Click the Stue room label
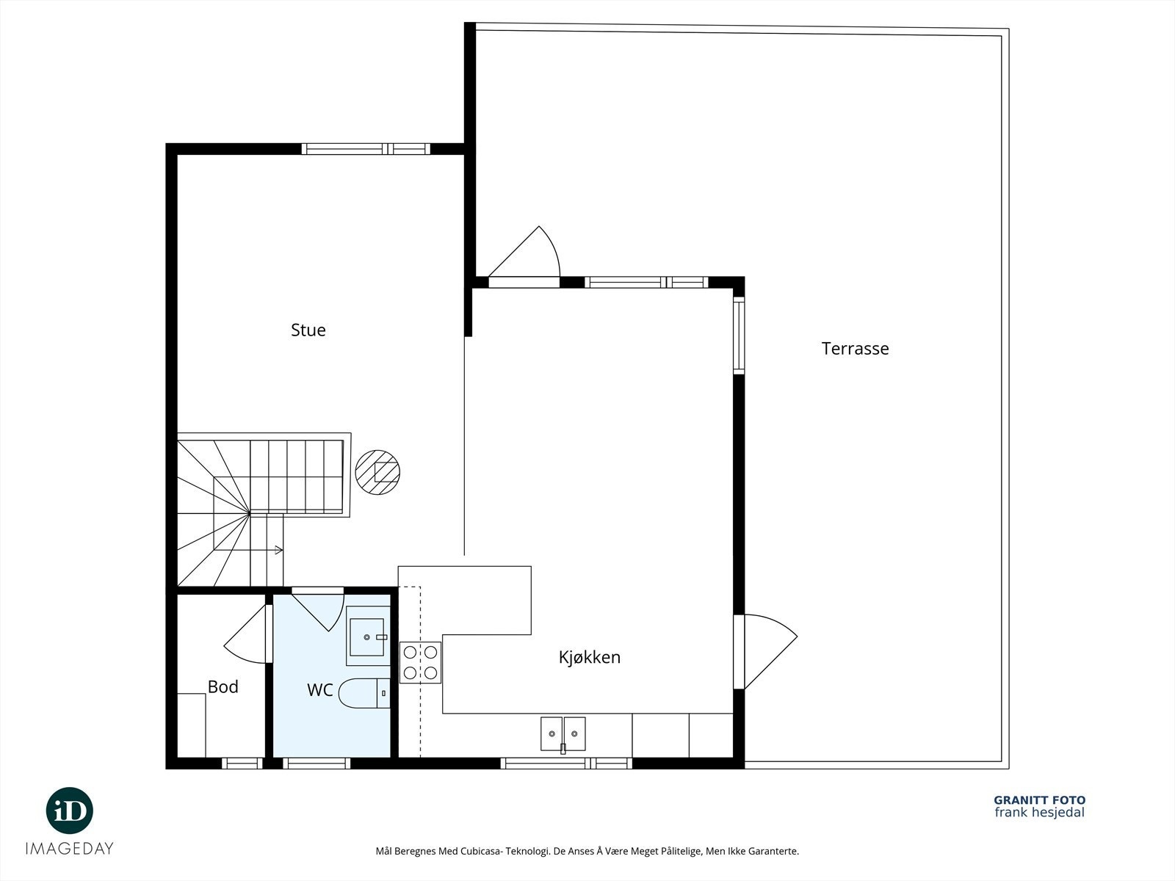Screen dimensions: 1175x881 tap(308, 330)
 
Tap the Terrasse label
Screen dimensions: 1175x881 tap(855, 349)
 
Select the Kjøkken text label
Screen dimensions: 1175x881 tap(590, 657)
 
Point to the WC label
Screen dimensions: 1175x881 tap(320, 690)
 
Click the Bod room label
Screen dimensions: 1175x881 tap(223, 687)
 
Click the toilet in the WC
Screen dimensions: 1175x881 tap(365, 693)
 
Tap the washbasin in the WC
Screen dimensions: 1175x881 tap(368, 636)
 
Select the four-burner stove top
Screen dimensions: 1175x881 tap(420, 662)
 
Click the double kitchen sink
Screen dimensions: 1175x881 tap(563, 734)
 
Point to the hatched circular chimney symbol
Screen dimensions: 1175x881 tap(377, 472)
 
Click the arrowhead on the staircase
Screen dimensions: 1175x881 tap(278, 549)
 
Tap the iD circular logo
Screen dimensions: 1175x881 tap(70, 811)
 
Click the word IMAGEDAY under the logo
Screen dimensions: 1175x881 tap(70, 849)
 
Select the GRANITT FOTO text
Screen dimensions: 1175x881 tap(1040, 800)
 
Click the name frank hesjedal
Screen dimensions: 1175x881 tap(1040, 813)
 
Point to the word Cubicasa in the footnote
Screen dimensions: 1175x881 tap(480, 851)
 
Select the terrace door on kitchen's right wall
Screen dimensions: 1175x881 tap(765, 651)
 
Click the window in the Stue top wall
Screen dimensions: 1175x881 tap(366, 149)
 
